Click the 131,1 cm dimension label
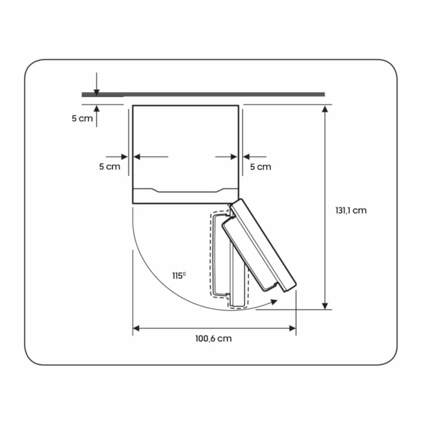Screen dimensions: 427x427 click(x=351, y=211)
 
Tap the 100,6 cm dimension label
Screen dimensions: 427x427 click(x=213, y=339)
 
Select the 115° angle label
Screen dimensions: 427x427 click(x=179, y=275)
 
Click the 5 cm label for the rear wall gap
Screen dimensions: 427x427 click(x=82, y=118)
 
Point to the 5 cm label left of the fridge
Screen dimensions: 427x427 click(x=109, y=167)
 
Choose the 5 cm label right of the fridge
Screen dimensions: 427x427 click(x=260, y=167)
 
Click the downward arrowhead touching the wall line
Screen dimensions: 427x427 click(x=97, y=93)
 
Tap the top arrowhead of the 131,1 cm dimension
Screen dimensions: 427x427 click(x=325, y=109)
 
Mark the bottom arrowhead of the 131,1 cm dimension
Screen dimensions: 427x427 click(x=325, y=306)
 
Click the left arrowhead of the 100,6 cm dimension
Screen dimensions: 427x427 click(x=136, y=328)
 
